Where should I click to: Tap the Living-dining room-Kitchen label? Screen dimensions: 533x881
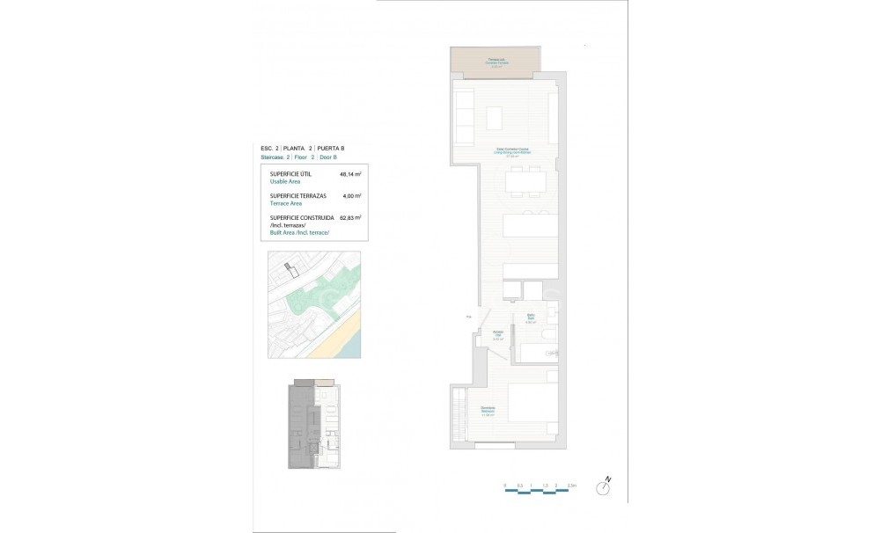coord(512,151)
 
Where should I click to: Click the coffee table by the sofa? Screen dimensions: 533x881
coord(495,118)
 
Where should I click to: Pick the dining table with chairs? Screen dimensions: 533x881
coord(525,182)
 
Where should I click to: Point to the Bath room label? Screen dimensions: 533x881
coord(531,318)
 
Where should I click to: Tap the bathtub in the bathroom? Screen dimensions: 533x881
coord(537,354)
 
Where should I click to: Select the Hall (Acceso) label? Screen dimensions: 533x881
coord(497,333)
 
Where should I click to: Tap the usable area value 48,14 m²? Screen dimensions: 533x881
coord(350,174)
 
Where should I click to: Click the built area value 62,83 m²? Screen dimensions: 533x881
coord(350,217)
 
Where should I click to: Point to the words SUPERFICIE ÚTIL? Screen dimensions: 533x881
coord(290,174)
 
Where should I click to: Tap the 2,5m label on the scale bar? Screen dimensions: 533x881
coord(571,486)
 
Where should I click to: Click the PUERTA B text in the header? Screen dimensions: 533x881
coord(331,149)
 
